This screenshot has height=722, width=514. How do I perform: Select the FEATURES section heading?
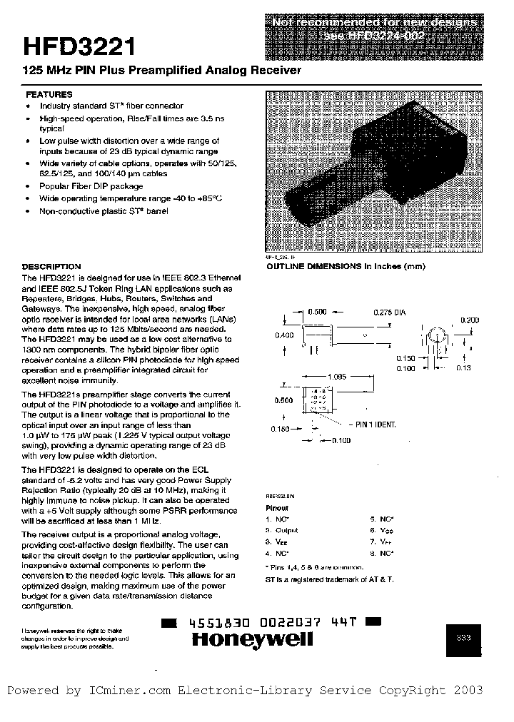(49, 94)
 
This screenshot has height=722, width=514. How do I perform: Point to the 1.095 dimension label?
(337, 376)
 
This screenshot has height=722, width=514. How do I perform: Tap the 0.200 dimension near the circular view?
(470, 320)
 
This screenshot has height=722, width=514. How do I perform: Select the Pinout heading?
(277, 509)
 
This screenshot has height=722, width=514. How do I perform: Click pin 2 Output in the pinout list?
(283, 530)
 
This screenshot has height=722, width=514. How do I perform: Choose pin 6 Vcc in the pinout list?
(383, 530)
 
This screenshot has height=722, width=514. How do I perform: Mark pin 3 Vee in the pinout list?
(281, 541)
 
